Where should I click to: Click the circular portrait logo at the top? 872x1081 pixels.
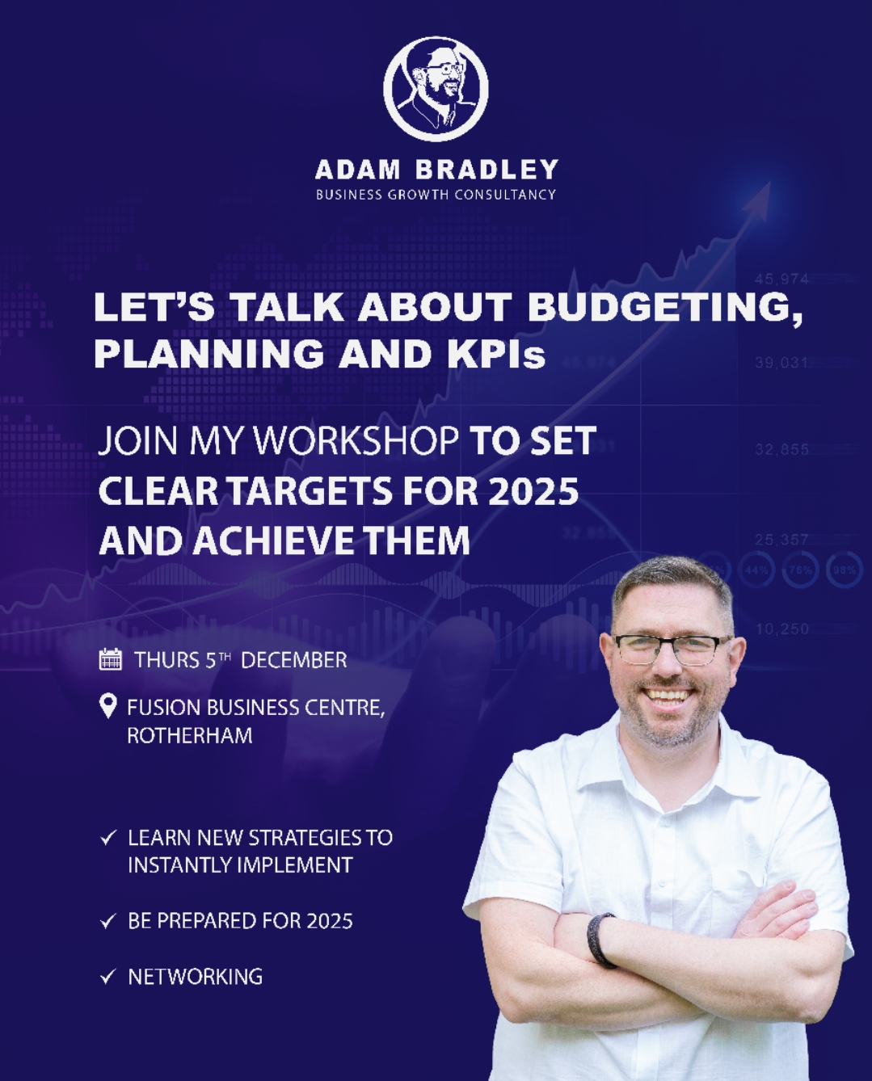click(436, 88)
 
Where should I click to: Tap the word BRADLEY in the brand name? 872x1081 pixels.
click(487, 170)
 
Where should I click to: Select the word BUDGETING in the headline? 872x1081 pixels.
click(664, 307)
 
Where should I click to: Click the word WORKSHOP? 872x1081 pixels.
click(355, 440)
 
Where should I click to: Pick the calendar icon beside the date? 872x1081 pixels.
click(111, 659)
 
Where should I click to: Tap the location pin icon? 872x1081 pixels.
click(108, 706)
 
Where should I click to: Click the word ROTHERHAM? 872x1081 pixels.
click(189, 735)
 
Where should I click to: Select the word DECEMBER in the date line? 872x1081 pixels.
click(294, 660)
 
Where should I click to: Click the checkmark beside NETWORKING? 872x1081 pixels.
click(108, 977)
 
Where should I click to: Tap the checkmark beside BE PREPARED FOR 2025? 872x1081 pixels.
click(108, 921)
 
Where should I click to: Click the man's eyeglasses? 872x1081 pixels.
click(672, 650)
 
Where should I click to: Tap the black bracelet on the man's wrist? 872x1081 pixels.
click(600, 940)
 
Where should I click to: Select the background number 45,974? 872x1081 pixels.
click(781, 279)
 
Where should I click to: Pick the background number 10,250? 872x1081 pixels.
click(782, 629)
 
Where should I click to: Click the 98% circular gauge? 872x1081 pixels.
click(845, 570)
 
